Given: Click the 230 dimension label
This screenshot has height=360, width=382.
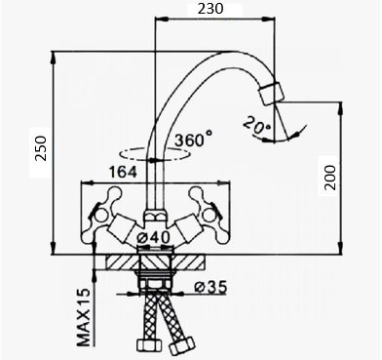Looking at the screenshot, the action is (210, 9).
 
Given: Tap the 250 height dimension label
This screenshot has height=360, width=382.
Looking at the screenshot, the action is (41, 148).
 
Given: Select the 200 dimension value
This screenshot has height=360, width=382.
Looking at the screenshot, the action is (330, 178).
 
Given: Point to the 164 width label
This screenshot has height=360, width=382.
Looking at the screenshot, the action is (123, 172).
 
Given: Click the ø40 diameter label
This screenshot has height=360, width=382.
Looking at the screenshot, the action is (153, 238).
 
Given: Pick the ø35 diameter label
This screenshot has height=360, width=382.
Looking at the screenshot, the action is (210, 287).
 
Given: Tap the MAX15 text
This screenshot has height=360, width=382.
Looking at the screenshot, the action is (83, 317).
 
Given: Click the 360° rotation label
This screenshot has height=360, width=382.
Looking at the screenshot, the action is (194, 140).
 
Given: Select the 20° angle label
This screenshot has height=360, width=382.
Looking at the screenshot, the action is (256, 126).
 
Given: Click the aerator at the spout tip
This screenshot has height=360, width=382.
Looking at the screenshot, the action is (271, 94).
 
